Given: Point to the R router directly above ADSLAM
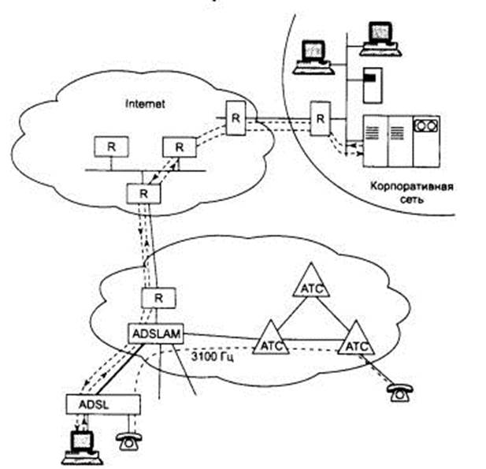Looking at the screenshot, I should [x=158, y=299].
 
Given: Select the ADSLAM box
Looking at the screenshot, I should [x=157, y=334].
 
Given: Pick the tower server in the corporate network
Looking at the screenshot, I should [x=370, y=84].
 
